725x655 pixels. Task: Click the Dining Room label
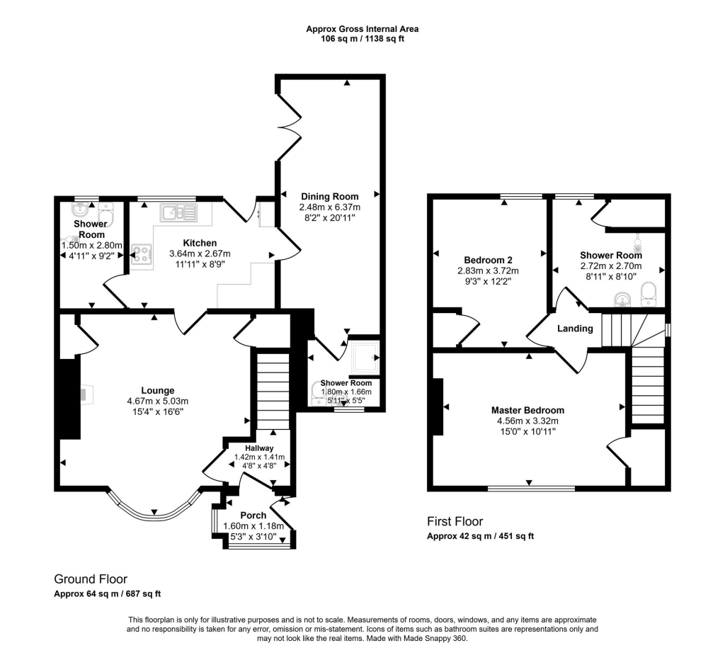330,196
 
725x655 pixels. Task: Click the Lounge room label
157,390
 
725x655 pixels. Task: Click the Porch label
253,516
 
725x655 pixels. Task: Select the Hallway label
259,448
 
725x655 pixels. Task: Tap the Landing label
575,329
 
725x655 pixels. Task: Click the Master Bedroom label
527,410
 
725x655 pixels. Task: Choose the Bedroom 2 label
488,259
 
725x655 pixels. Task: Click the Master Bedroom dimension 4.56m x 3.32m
527,421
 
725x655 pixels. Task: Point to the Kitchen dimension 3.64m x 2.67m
200,254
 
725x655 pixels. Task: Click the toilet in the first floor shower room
648,294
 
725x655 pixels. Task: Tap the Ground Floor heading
91,579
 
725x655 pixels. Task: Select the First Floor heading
455,522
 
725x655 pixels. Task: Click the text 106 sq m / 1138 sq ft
362,39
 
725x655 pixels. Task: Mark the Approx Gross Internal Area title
362,29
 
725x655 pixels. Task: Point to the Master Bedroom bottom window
531,488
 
